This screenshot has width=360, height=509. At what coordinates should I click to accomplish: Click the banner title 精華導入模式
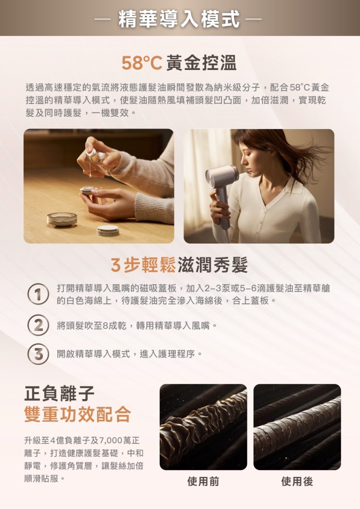179,19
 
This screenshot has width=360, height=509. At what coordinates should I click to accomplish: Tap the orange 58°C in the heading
142,63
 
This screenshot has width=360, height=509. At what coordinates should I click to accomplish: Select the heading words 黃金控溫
202,63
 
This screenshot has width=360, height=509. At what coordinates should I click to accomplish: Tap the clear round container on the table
62,220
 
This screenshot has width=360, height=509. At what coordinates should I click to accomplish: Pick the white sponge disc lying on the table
108,230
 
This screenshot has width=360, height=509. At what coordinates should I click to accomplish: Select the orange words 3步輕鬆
143,265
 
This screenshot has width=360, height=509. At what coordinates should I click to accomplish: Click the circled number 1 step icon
38,294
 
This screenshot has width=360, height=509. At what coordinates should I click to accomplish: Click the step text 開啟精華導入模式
94,354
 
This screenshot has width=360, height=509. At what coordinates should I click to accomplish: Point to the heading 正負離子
59,394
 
